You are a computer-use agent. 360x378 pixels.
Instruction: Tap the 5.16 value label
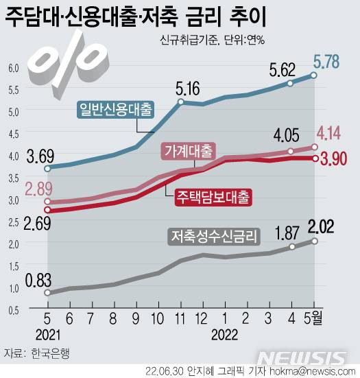click(x=189, y=89)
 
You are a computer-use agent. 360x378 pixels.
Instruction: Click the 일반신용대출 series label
click(x=117, y=108)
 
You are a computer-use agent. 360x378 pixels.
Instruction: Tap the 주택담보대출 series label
click(x=213, y=196)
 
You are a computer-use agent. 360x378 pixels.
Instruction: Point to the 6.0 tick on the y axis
click(x=14, y=68)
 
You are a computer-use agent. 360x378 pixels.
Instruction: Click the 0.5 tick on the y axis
click(x=14, y=309)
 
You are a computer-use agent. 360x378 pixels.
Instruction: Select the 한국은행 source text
click(x=50, y=354)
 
